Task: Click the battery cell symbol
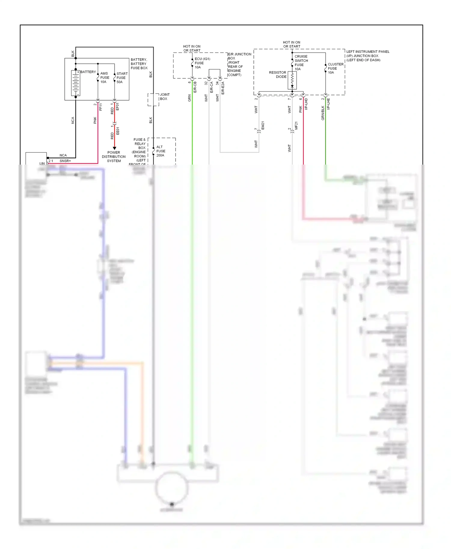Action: (75, 83)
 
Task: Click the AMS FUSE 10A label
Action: (104, 77)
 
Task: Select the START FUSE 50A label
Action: (122, 78)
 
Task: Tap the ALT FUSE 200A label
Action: (161, 151)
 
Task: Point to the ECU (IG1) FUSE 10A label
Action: (202, 63)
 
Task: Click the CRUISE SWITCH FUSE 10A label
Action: (301, 63)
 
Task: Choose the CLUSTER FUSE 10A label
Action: (335, 68)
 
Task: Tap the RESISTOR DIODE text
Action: (278, 74)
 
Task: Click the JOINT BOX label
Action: (164, 97)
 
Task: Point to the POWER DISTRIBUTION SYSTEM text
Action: (114, 157)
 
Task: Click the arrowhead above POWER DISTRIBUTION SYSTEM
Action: (114, 148)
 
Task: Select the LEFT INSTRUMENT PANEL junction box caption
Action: (367, 56)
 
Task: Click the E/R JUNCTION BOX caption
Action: (239, 65)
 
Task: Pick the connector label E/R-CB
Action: (195, 87)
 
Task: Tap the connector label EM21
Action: (263, 126)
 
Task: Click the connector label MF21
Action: (296, 126)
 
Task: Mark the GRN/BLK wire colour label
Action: (323, 113)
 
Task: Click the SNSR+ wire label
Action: (65, 161)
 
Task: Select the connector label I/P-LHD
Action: (306, 104)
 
